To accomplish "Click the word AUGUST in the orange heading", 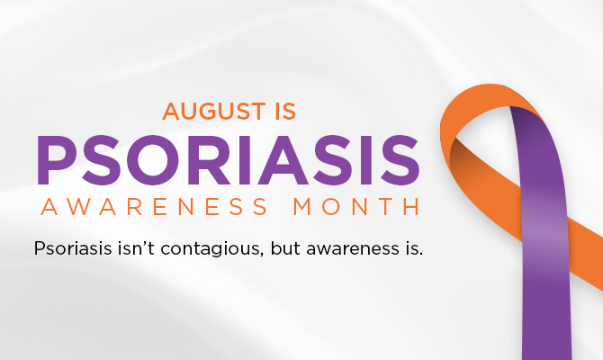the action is click(214, 112).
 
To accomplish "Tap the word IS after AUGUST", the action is click(285, 112).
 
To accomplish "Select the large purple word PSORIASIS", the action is click(228, 160).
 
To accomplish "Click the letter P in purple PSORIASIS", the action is click(57, 160).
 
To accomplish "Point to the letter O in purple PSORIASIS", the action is click(153, 160).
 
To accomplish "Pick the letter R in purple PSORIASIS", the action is click(208, 160).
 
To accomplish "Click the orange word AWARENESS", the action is click(154, 206).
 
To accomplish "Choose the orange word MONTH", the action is click(356, 206).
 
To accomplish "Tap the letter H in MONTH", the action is click(411, 206).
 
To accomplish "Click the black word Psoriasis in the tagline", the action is click(73, 248).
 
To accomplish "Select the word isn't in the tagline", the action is click(136, 248).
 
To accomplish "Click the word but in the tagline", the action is click(285, 248).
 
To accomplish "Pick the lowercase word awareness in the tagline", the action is click(353, 249).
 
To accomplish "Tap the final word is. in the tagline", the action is click(414, 248).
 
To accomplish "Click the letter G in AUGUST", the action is click(214, 112).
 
